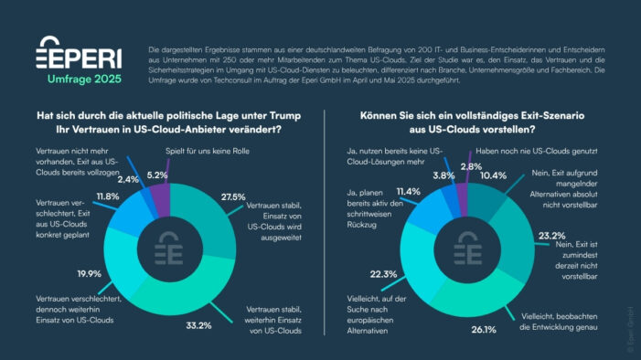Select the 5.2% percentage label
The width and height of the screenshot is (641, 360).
(x=157, y=175)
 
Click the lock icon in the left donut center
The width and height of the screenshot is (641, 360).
(x=169, y=248)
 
